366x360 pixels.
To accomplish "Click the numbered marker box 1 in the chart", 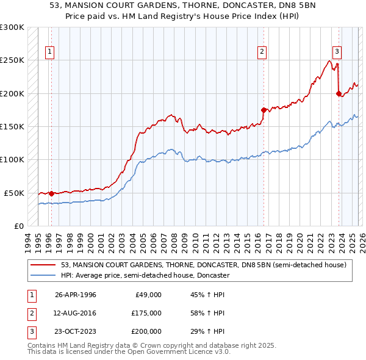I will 49,52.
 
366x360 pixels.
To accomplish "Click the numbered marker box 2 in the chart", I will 262,52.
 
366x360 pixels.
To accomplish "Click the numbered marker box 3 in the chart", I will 337,52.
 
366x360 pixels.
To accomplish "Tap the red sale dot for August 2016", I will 264,110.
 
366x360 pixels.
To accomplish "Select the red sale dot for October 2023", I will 339,93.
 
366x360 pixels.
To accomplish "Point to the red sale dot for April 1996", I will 51,193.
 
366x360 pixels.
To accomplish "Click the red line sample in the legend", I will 44,265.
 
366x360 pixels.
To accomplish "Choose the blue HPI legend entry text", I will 145,276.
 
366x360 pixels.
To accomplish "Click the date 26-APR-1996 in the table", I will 75,295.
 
